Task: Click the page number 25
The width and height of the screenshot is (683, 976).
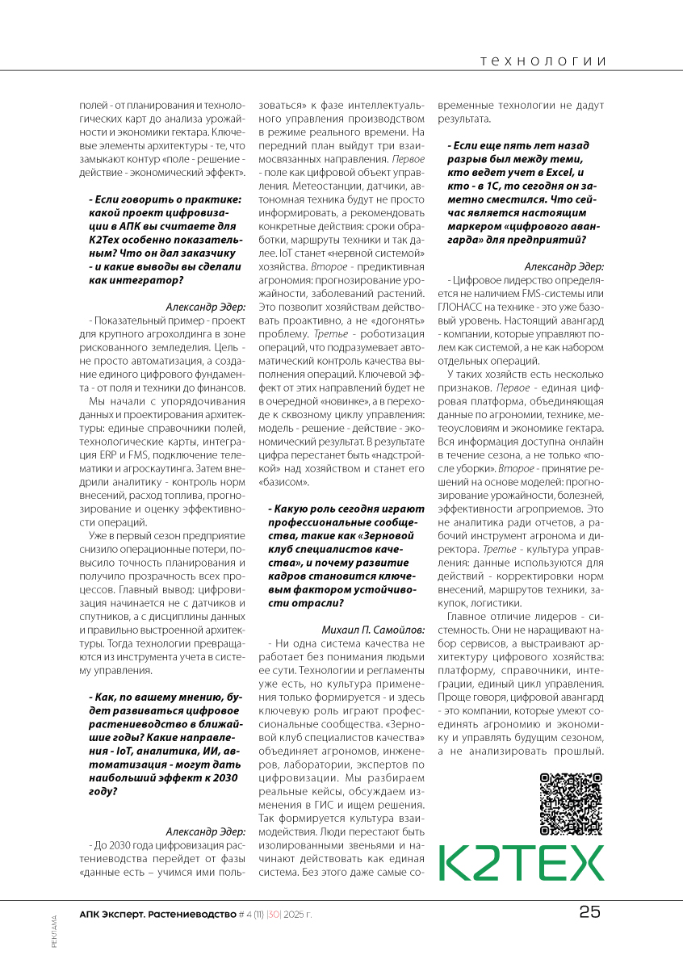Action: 589,912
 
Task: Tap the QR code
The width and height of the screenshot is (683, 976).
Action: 571,803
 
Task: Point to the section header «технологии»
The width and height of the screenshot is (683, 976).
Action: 543,61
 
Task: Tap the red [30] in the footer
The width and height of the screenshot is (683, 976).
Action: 274,914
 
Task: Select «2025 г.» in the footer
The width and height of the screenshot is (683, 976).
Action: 297,914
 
